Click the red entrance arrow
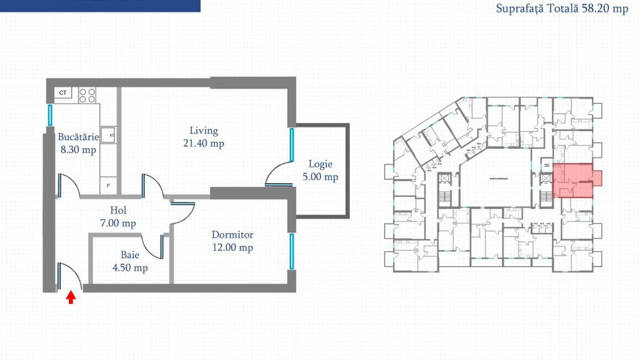pos(70,296)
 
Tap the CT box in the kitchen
pos(63,92)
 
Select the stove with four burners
pos(87,95)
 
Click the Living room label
pos(204,130)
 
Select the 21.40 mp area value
pos(204,143)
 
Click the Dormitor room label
pos(232,234)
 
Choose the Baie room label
pos(130,255)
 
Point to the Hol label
pos(119,210)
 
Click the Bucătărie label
pos(78,137)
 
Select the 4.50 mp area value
pos(131,268)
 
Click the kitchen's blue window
pos(51,114)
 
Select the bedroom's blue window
pos(292,251)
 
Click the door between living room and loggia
pos(278,174)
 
